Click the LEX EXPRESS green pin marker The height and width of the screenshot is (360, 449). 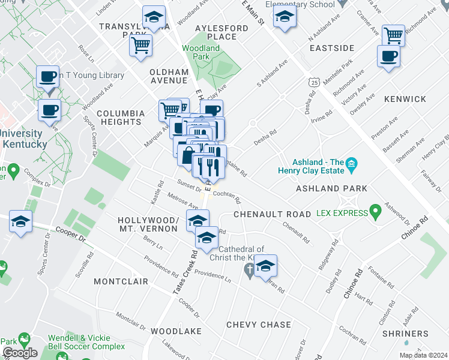click(x=376, y=212)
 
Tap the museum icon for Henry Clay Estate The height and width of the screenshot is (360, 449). click(x=352, y=163)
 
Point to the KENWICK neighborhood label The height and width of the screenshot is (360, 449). click(x=405, y=99)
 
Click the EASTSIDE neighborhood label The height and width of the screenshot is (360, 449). click(x=331, y=47)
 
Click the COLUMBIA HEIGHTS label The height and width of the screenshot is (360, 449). click(x=121, y=117)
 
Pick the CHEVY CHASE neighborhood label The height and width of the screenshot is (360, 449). click(x=259, y=325)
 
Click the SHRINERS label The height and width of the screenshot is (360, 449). click(x=407, y=334)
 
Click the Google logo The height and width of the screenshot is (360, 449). click(x=20, y=353)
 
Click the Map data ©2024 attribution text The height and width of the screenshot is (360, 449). click(x=423, y=355)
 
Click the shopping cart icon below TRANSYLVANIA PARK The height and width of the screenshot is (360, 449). click(x=141, y=44)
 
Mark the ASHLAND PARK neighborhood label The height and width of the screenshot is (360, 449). click(x=331, y=188)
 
